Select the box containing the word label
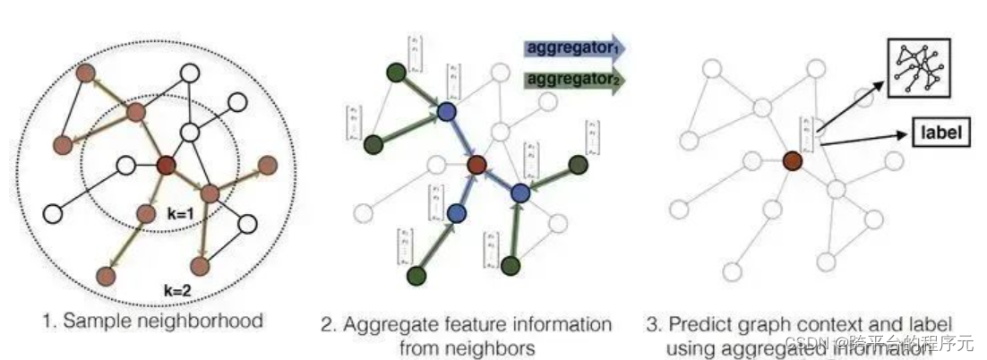[x=940, y=133]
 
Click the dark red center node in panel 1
[x=166, y=165]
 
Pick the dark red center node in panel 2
[x=476, y=165]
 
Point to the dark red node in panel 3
[x=792, y=160]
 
